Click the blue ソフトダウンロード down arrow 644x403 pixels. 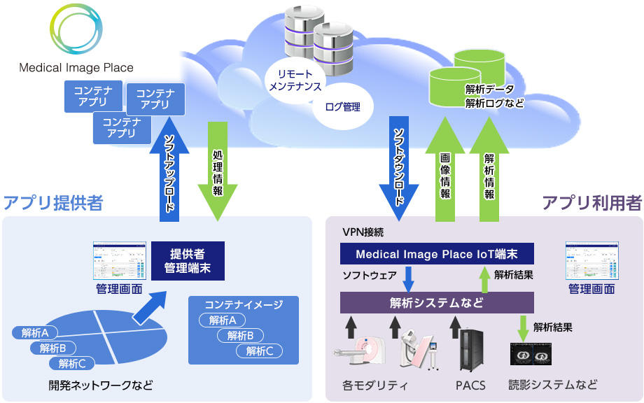pyautogui.click(x=398, y=164)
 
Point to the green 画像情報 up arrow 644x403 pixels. pyautogui.click(x=445, y=171)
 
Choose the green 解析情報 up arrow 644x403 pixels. pyautogui.click(x=489, y=171)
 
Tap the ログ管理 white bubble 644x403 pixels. pyautogui.click(x=342, y=107)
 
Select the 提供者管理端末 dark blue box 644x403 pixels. pyautogui.click(x=188, y=260)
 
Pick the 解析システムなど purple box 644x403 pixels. pyautogui.click(x=437, y=303)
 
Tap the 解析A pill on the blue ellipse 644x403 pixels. pyautogui.click(x=35, y=332)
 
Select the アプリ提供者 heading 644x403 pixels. pyautogui.click(x=54, y=203)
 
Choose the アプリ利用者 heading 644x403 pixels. pyautogui.click(x=591, y=203)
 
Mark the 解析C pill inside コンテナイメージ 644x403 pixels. pyautogui.click(x=260, y=351)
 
